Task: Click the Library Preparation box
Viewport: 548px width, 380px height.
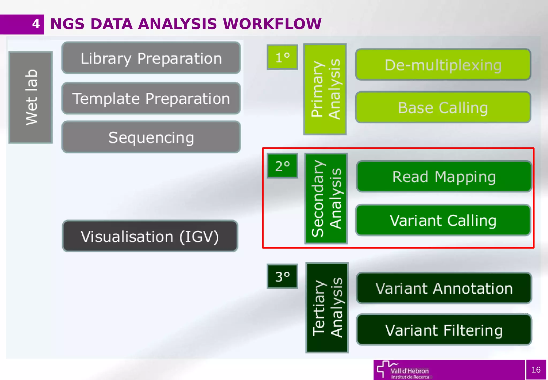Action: (x=151, y=58)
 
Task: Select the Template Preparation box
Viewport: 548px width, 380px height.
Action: (x=151, y=98)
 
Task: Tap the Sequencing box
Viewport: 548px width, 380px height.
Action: (x=151, y=137)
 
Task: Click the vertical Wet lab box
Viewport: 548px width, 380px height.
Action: (x=31, y=97)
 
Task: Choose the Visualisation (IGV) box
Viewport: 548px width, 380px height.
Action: (x=150, y=236)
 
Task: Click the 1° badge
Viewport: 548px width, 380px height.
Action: (x=282, y=57)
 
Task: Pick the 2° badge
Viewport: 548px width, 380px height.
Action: (x=283, y=166)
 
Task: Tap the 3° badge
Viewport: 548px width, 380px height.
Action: (x=283, y=276)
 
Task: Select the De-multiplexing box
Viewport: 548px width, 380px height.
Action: (x=443, y=65)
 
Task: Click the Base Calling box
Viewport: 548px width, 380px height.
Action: (x=443, y=107)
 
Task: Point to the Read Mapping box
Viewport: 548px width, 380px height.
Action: (x=444, y=177)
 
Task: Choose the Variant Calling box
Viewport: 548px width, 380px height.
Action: (x=443, y=220)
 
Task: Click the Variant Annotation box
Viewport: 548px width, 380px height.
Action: (x=444, y=288)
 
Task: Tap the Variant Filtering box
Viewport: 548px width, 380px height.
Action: (x=444, y=330)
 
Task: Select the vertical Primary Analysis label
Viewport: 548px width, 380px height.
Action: (x=325, y=89)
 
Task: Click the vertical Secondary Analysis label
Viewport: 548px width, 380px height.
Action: (x=326, y=199)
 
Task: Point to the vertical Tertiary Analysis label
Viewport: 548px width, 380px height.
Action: (x=327, y=308)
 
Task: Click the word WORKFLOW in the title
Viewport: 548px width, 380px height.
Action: (x=272, y=24)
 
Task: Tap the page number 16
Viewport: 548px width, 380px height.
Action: (x=536, y=370)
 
